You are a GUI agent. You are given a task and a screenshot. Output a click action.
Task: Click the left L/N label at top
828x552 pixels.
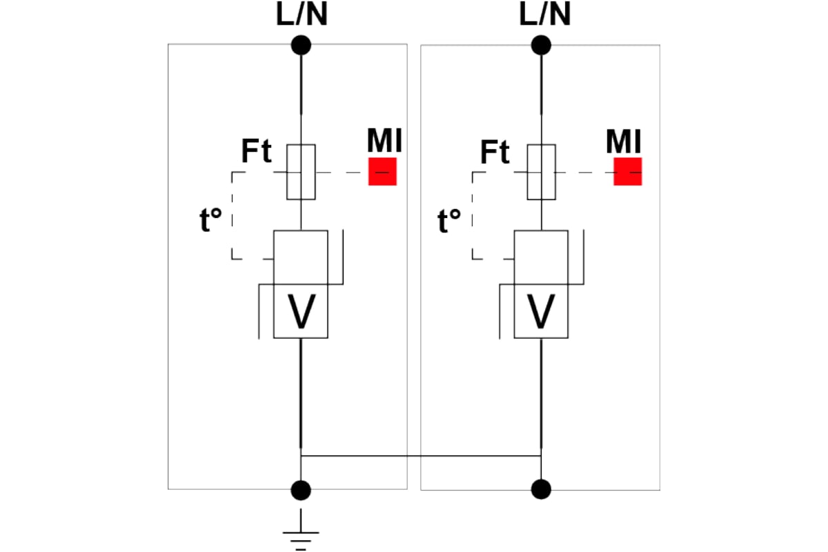pos(301,15)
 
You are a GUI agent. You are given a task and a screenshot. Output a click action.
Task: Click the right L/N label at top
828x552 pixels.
pos(544,15)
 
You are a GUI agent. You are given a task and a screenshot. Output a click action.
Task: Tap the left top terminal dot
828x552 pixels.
pos(301,46)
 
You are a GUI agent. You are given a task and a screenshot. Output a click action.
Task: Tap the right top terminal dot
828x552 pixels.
pos(541,46)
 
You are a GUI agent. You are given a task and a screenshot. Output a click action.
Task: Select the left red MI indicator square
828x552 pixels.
pos(382,172)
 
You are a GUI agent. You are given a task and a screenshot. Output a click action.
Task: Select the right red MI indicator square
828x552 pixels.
pos(628,172)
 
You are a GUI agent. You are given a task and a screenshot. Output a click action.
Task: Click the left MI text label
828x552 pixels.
pos(384,141)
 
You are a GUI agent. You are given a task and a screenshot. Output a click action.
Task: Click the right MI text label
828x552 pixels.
pos(624,141)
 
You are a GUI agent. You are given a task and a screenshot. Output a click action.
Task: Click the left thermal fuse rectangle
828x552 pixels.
pos(301,172)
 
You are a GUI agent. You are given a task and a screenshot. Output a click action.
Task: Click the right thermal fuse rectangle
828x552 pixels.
pos(541,172)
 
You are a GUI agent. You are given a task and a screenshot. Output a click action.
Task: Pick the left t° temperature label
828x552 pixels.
pos(210,221)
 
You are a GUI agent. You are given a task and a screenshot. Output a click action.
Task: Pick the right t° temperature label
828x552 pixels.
pos(449,221)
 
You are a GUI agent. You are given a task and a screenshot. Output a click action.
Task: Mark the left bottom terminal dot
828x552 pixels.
pos(301,490)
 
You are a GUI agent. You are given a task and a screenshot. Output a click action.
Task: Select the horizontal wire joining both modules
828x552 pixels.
pos(421,455)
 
